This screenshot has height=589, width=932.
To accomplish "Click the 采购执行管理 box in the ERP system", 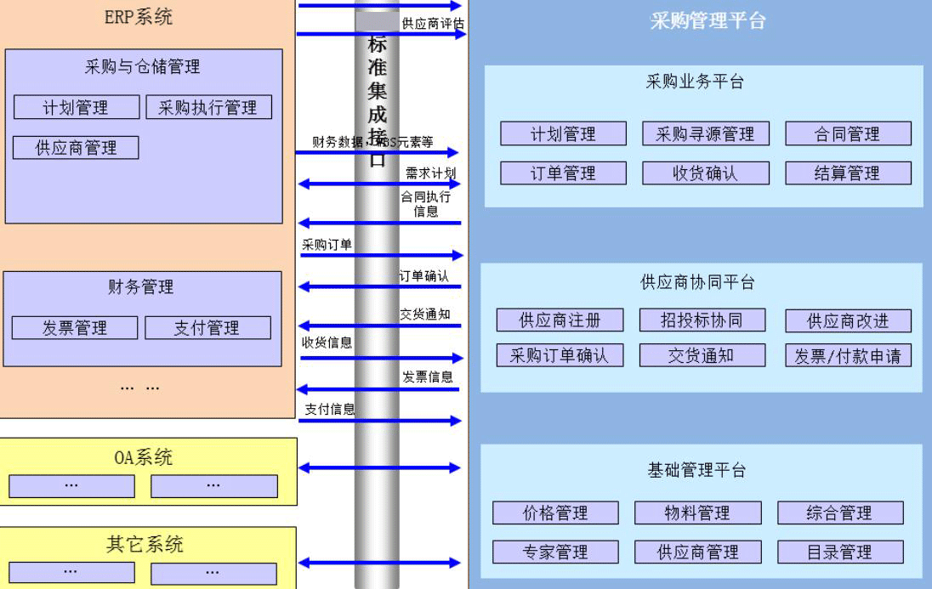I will pyautogui.click(x=207, y=108).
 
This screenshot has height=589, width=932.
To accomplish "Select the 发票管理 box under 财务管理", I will pyautogui.click(x=75, y=328).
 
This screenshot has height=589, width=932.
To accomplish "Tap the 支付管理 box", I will pyautogui.click(x=207, y=328).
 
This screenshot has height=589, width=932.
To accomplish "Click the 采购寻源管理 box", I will pyautogui.click(x=705, y=133).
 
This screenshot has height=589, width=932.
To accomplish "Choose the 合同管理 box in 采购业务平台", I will pyautogui.click(x=848, y=133).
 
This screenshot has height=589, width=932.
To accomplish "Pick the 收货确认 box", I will pyautogui.click(x=705, y=173).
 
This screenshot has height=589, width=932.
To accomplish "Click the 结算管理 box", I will pyautogui.click(x=848, y=173).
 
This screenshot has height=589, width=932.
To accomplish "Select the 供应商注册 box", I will pyautogui.click(x=560, y=320).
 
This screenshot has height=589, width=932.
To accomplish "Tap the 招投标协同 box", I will pyautogui.click(x=702, y=320).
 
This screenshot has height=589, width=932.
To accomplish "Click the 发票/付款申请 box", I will pyautogui.click(x=848, y=356).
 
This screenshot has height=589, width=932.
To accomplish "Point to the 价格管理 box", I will pyautogui.click(x=555, y=513).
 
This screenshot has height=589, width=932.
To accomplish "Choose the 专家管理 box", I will pyautogui.click(x=555, y=552).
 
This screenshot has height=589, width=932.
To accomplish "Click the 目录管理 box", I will pyautogui.click(x=840, y=552).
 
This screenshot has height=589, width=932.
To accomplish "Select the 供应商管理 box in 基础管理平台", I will pyautogui.click(x=697, y=552).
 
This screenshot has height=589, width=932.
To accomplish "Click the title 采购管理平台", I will pyautogui.click(x=708, y=21).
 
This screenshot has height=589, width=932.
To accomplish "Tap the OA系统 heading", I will pyautogui.click(x=144, y=457).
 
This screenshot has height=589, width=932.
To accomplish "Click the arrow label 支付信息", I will pyautogui.click(x=329, y=409).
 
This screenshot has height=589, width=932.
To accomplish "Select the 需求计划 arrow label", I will pyautogui.click(x=430, y=173).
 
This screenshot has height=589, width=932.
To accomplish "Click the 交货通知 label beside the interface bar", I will pyautogui.click(x=425, y=314).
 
